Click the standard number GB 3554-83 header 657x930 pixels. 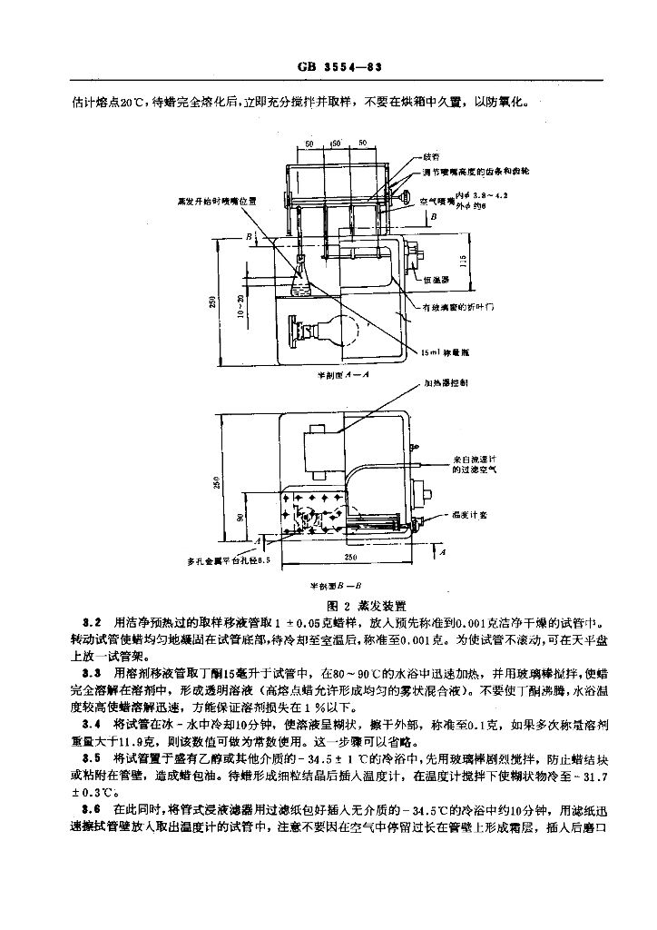[x=328, y=68]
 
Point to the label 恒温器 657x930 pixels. [x=436, y=281]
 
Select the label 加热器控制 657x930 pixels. [x=445, y=385]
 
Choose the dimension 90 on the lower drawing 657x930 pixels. [x=240, y=518]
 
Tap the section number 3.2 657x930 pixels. [x=91, y=623]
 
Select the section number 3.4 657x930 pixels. [x=91, y=723]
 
